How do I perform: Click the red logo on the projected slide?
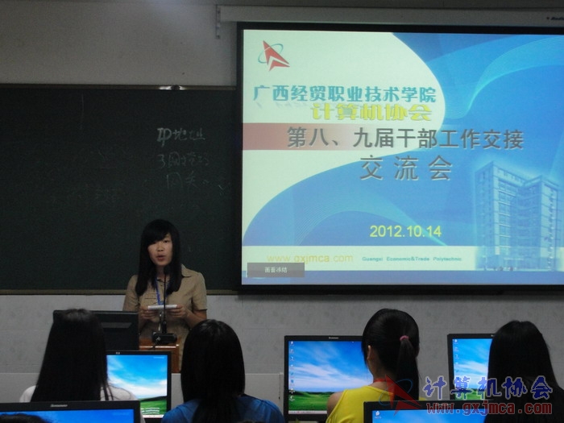click(273, 56)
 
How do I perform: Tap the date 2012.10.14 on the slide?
click(405, 231)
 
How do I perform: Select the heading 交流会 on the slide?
click(405, 168)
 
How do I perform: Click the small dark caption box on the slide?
click(276, 270)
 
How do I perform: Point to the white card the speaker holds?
click(161, 307)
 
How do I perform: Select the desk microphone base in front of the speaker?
click(164, 338)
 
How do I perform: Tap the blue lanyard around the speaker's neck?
click(159, 291)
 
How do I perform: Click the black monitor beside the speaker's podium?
click(118, 330)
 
